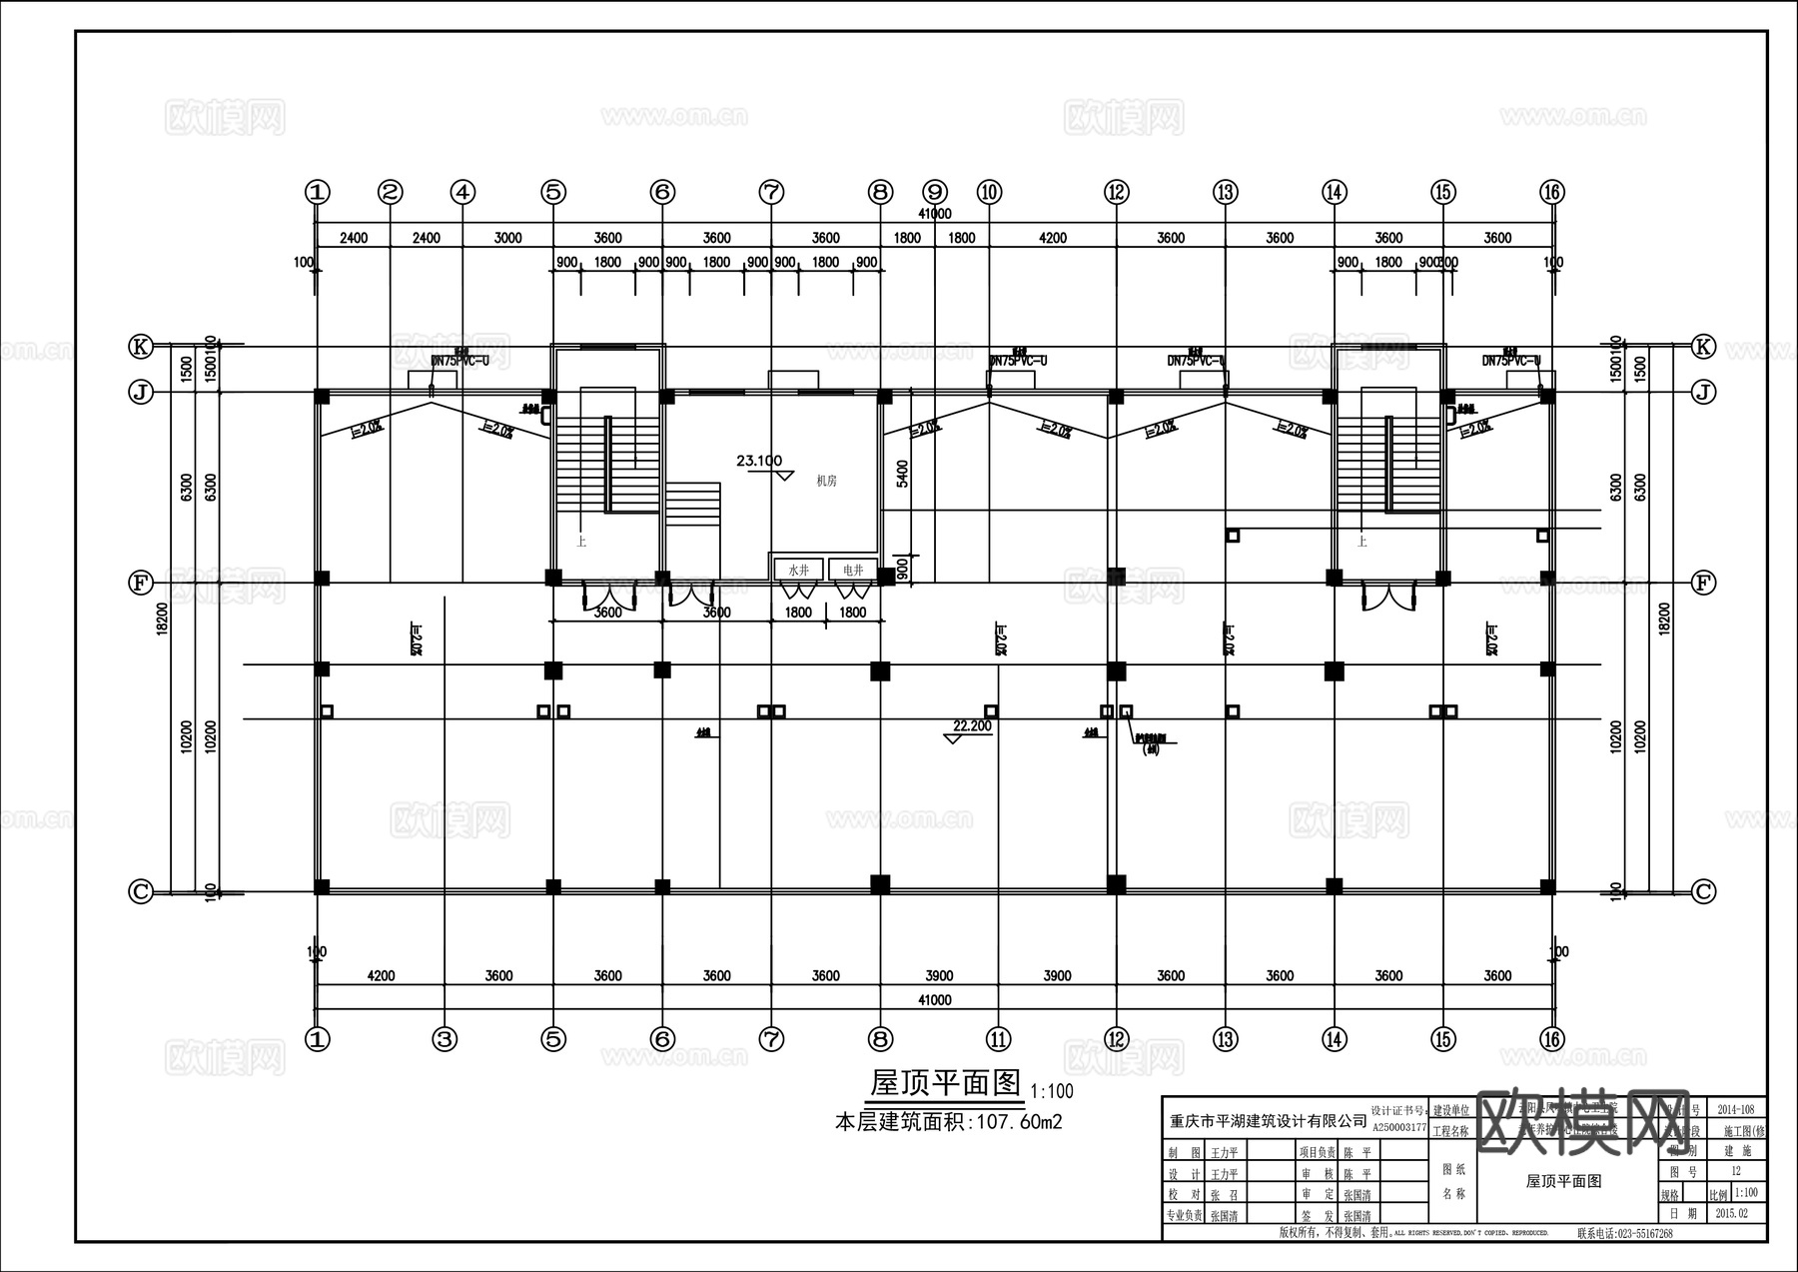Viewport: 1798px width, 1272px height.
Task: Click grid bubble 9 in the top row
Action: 935,191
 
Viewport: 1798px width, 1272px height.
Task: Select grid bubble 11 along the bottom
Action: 998,1039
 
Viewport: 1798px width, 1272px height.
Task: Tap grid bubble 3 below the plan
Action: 445,1039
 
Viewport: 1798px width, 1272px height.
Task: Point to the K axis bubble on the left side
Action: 141,347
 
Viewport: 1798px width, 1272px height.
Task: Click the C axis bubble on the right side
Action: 1703,891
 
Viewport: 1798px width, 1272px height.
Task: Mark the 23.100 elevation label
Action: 759,461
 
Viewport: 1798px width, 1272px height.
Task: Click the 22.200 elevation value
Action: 972,726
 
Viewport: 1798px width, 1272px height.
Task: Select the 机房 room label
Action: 826,481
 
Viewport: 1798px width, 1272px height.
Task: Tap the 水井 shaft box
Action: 798,570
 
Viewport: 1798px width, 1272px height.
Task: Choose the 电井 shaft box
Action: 853,570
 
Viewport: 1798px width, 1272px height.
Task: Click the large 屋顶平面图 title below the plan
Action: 946,1083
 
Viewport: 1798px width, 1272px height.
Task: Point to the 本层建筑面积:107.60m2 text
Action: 948,1122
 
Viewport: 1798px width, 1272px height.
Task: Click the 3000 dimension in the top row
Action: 507,238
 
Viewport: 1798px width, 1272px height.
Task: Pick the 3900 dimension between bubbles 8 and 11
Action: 939,975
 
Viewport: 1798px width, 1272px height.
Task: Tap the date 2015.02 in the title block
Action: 1731,1213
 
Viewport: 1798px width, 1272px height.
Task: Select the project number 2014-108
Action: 1735,1109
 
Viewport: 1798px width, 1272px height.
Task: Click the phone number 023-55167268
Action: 1624,1233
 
